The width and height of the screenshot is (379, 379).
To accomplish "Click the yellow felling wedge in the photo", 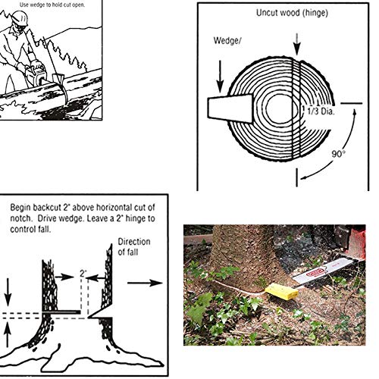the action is click(x=281, y=291).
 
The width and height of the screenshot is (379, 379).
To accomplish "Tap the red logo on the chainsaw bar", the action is click(x=315, y=273).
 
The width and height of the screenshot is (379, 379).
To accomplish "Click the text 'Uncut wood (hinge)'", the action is click(x=292, y=13).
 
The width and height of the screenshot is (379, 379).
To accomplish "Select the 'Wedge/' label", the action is click(x=227, y=40).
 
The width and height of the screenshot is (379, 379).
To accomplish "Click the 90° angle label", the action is click(x=339, y=154).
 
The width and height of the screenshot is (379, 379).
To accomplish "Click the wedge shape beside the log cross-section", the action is click(x=230, y=108).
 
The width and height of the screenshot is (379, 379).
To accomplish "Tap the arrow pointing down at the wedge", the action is click(x=220, y=77).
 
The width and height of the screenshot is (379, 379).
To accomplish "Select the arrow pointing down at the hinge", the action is click(x=297, y=44).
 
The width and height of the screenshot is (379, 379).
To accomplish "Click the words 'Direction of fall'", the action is click(x=134, y=246).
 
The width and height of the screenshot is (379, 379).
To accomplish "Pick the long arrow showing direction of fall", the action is click(x=145, y=283).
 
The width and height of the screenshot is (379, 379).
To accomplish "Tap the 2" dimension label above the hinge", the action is click(x=83, y=273).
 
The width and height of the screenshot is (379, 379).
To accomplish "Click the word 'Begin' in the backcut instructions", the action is click(x=20, y=208).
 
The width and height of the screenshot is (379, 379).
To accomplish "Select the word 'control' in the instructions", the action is click(x=20, y=230).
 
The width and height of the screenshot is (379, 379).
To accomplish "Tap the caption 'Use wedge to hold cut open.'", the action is click(x=52, y=5).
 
